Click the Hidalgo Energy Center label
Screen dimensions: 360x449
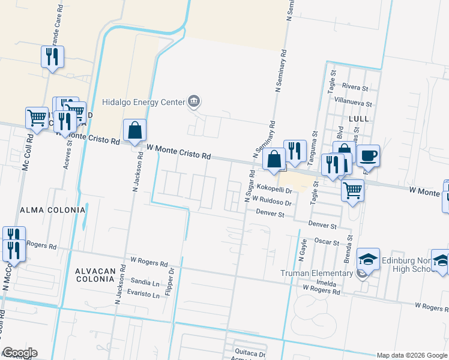click(143, 102)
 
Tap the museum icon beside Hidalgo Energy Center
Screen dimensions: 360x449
click(193, 101)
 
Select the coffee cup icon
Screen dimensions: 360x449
click(368, 156)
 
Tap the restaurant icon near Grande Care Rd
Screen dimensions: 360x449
click(52, 57)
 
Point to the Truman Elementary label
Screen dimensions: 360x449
click(316, 274)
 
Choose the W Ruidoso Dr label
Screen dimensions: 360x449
click(272, 202)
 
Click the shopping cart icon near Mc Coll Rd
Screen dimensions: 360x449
click(37, 118)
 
